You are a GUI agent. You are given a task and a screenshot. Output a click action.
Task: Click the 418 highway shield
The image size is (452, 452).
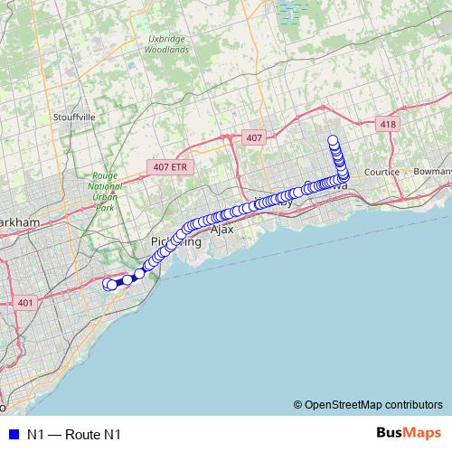[x=387, y=124]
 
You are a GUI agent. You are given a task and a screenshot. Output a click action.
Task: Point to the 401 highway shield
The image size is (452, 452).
[x=24, y=303]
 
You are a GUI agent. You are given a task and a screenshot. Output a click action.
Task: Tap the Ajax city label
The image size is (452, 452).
[x=221, y=230]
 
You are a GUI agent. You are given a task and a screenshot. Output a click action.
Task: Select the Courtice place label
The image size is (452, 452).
[x=381, y=171]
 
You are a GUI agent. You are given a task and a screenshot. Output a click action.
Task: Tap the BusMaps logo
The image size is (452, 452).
[x=409, y=433]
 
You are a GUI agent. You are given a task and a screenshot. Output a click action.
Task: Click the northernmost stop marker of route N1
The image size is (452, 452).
[x=333, y=140]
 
